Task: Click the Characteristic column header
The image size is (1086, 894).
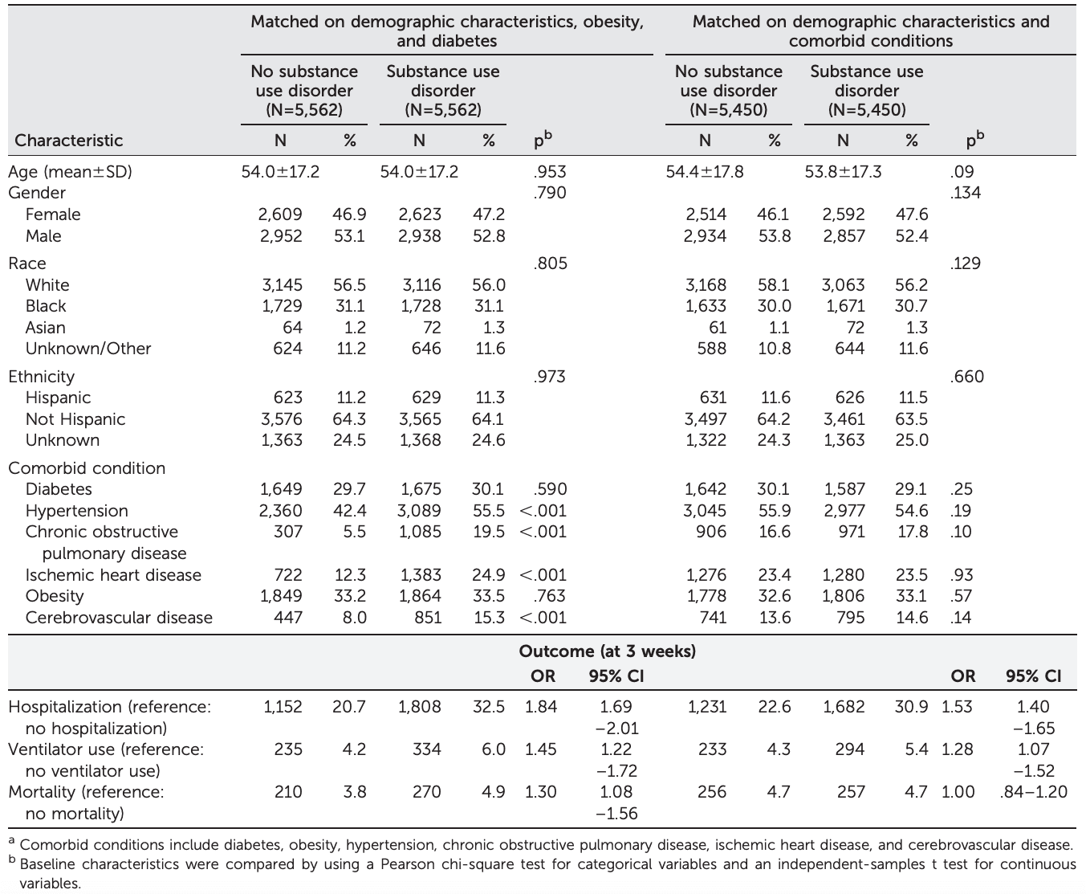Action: [69, 141]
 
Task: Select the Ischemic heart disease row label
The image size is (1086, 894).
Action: [113, 575]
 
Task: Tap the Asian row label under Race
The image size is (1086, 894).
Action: [46, 328]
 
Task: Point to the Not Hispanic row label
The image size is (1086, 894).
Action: [75, 419]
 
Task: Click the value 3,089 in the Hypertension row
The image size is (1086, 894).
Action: [419, 511]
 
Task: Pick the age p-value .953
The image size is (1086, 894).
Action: [549, 172]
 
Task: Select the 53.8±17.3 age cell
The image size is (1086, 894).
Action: [843, 172]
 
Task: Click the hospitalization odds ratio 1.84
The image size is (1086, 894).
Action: [541, 707]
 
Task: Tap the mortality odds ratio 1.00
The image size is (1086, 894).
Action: [958, 792]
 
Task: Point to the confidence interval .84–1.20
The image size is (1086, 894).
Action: [1034, 792]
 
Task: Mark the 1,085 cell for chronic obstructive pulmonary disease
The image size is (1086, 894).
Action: [419, 532]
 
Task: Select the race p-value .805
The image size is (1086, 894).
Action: [549, 263]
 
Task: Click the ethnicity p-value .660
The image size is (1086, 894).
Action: [966, 377]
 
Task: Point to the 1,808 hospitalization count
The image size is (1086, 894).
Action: [419, 707]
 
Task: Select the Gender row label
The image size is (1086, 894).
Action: [37, 193]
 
